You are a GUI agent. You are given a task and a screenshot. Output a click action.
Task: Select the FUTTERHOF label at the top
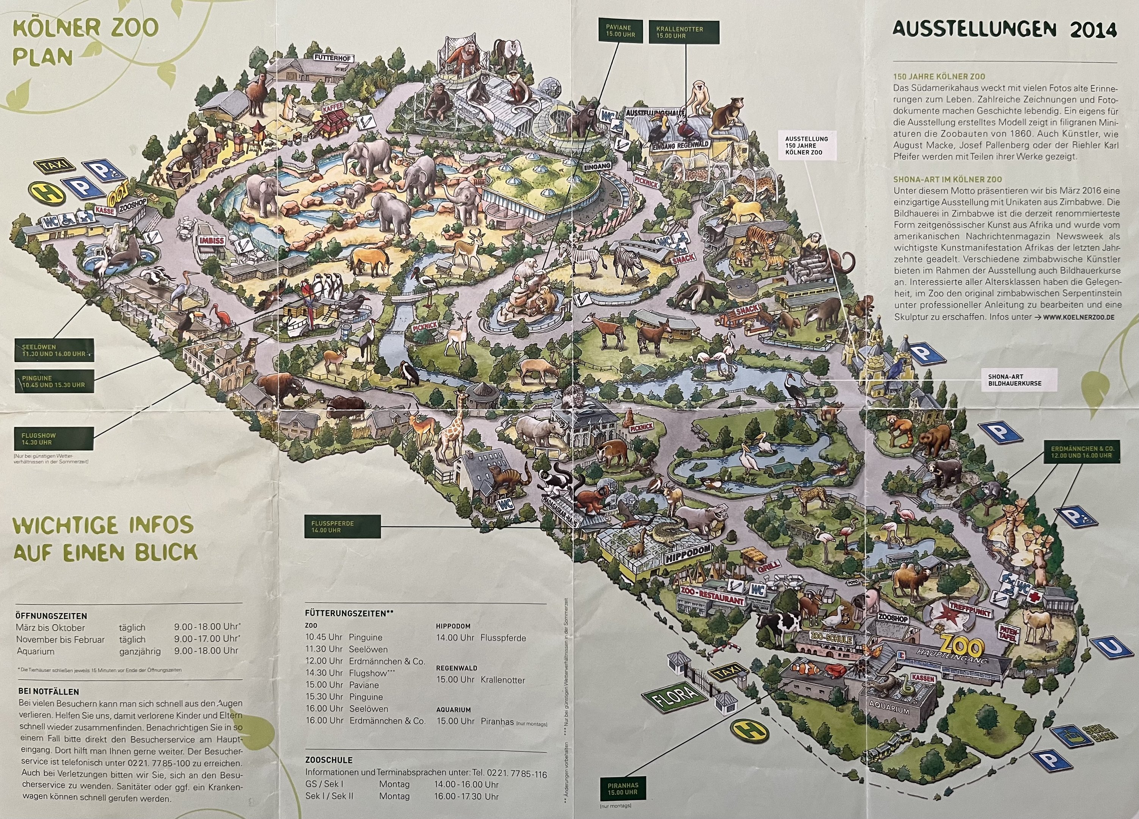tap(332, 57)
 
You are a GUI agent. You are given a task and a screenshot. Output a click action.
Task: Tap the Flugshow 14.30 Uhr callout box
tap(54, 439)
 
